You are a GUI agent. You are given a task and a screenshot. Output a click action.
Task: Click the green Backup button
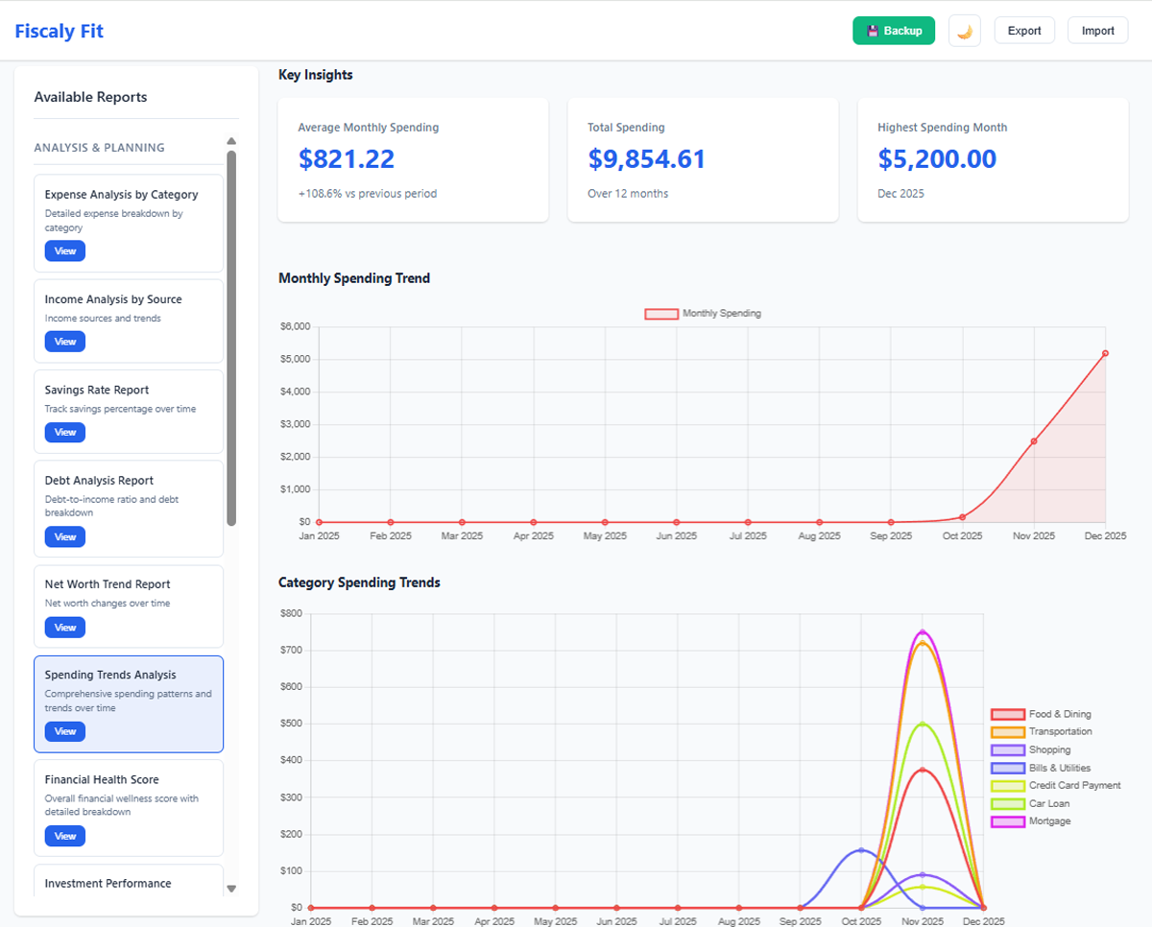[x=893, y=31]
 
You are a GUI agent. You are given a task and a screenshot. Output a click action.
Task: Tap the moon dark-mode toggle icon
[x=964, y=31]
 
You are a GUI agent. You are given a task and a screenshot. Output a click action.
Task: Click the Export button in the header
[x=1023, y=31]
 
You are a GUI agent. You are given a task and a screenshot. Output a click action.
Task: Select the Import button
[x=1097, y=31]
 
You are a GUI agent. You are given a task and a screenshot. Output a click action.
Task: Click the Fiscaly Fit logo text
[x=59, y=31]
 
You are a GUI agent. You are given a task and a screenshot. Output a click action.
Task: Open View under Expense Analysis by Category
[x=64, y=251]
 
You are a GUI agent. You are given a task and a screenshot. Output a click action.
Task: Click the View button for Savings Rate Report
[x=64, y=433]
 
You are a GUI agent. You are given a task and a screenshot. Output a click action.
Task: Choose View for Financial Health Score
[x=64, y=837]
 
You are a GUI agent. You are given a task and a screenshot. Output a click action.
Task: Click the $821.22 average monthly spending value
[x=346, y=159]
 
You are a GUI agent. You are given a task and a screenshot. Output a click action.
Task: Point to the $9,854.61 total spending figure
[x=646, y=159]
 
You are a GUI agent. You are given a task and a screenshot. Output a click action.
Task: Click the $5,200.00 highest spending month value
[x=936, y=159]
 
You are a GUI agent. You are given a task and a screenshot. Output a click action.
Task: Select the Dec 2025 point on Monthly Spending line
[x=1105, y=353]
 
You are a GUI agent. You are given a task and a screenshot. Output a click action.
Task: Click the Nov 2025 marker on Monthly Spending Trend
[x=1034, y=441]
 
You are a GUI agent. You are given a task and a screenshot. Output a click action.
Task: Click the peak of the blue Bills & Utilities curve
[x=861, y=850]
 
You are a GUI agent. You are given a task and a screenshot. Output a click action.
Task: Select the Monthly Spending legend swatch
[x=660, y=314]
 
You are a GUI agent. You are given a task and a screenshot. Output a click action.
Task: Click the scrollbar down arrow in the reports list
[x=231, y=889]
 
